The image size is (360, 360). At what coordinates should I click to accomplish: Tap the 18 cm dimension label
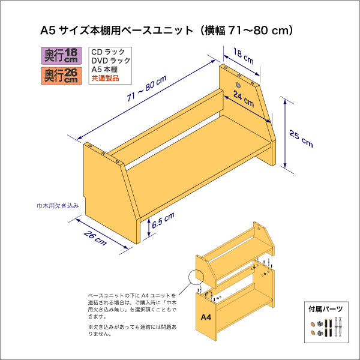click(x=243, y=58)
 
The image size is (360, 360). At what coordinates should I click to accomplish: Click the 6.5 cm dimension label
click(x=163, y=221)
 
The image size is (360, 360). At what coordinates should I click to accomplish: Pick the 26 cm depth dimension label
click(x=95, y=238)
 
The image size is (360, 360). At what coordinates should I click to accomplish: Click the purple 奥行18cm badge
click(x=62, y=56)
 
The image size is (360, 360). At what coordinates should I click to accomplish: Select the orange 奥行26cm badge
click(x=62, y=75)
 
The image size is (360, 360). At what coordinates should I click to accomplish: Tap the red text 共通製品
click(x=105, y=79)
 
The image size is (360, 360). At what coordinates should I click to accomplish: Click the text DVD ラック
click(x=110, y=61)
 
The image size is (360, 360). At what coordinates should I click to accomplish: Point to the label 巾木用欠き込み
click(x=58, y=206)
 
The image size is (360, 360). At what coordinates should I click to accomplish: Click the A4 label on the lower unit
click(x=205, y=317)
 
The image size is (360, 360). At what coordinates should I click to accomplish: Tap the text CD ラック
click(x=108, y=53)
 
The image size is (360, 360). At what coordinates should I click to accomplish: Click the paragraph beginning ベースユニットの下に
click(x=132, y=306)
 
